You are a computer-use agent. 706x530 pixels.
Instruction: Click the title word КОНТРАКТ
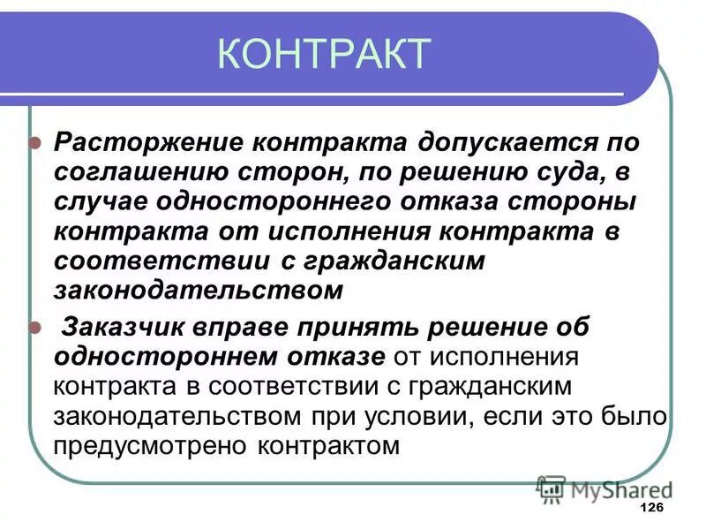pyautogui.click(x=323, y=54)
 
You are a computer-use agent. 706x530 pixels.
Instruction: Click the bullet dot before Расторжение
pyautogui.click(x=35, y=142)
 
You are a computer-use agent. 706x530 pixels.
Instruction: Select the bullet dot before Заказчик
pyautogui.click(x=35, y=326)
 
